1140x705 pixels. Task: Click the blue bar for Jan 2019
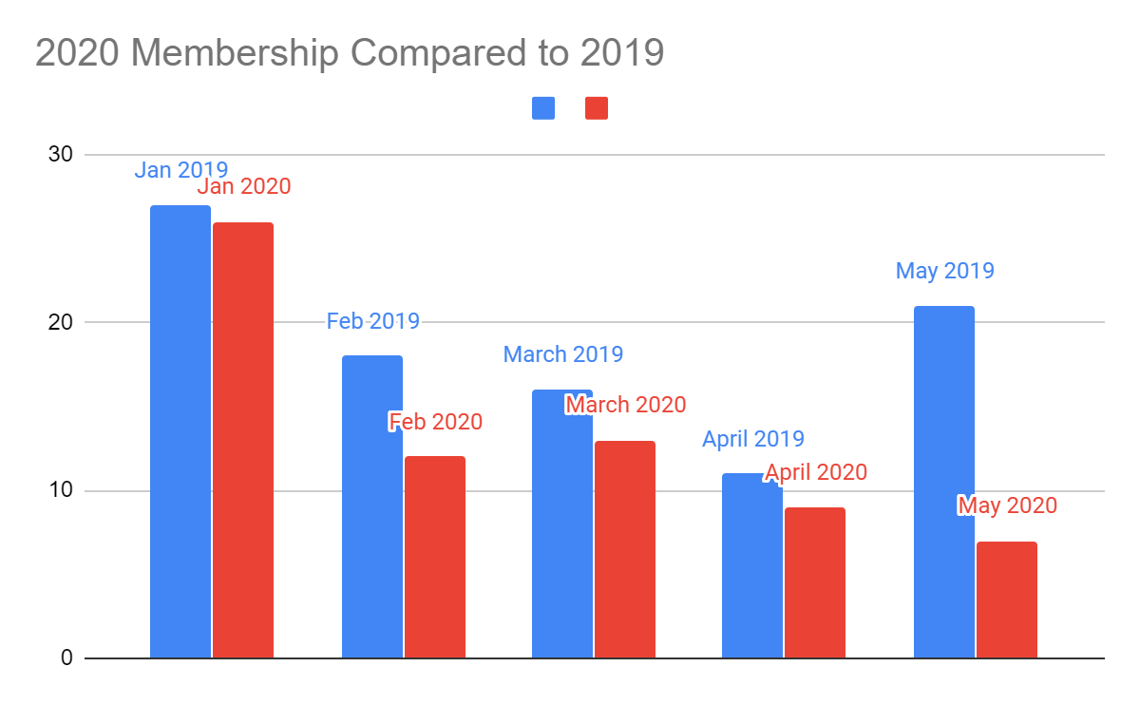pos(180,431)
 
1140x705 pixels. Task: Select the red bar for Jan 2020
pos(243,440)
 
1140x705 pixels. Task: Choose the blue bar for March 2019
pos(561,524)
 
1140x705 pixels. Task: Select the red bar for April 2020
pos(815,582)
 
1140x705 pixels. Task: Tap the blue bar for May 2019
pos(943,482)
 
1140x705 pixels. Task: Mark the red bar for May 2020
pos(1006,600)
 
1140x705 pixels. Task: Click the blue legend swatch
pos(543,108)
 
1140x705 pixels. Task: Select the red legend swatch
pos(597,108)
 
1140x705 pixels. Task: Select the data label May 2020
pos(1007,505)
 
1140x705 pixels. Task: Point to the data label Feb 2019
pos(373,321)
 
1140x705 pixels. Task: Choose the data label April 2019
pos(753,439)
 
